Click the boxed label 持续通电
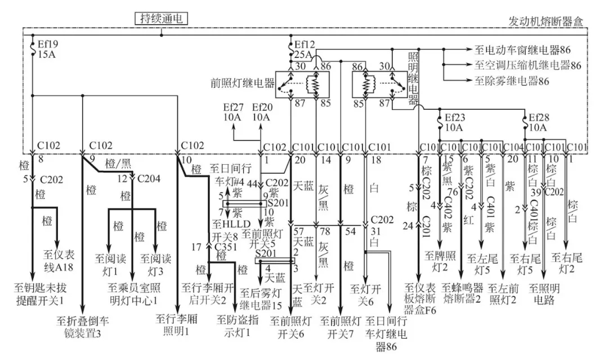coord(161,19)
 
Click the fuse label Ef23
coord(455,118)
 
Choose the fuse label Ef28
coord(539,118)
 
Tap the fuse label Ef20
coord(262,107)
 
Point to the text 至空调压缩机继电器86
coord(528,65)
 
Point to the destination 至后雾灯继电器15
coord(261,299)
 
